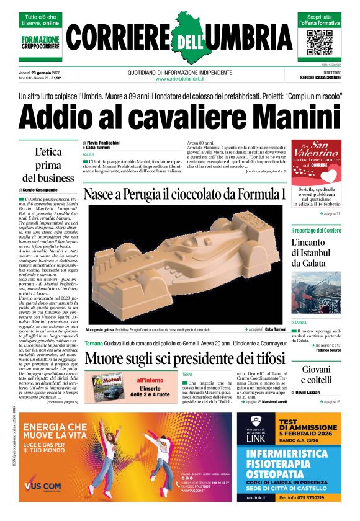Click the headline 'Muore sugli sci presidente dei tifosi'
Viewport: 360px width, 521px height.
tap(185, 358)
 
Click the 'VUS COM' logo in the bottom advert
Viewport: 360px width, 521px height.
tap(45, 485)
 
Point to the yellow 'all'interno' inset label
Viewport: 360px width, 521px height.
tap(149, 380)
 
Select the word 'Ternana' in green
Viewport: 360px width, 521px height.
tap(94, 343)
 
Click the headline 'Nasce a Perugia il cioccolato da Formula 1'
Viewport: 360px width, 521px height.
tap(185, 194)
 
